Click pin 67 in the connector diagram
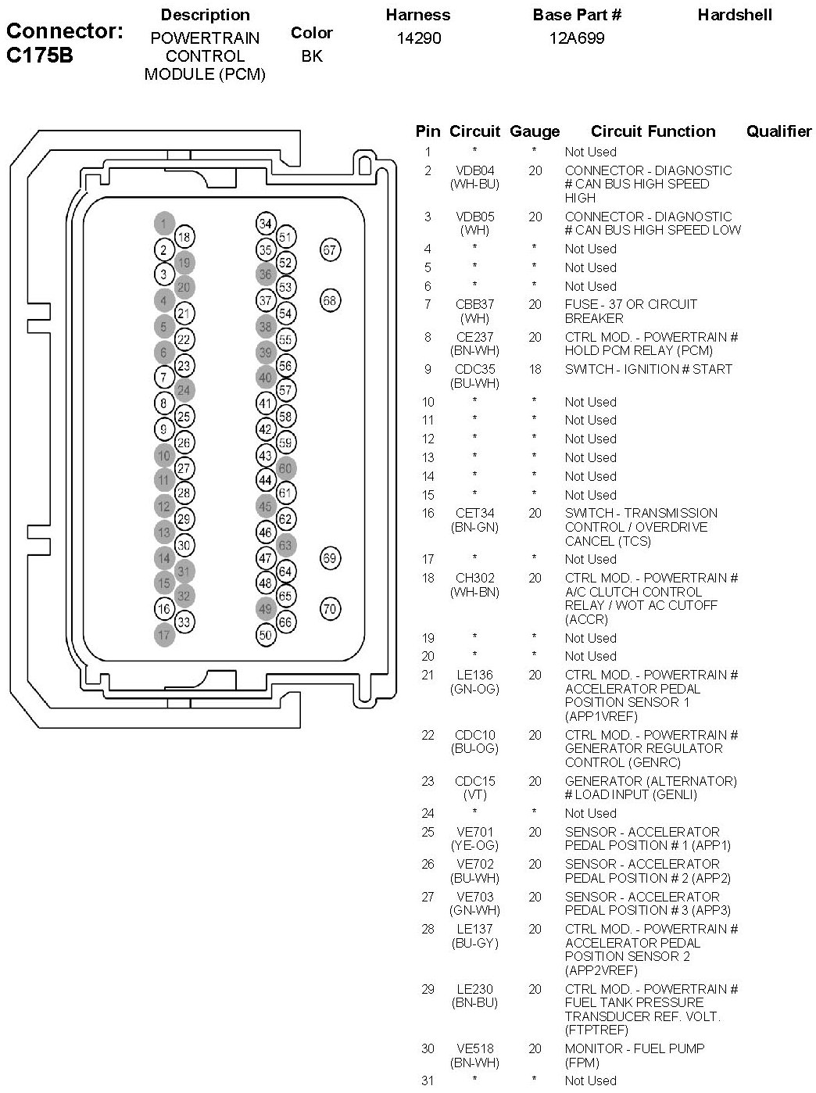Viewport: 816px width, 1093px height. [330, 250]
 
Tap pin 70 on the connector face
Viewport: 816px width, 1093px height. [330, 609]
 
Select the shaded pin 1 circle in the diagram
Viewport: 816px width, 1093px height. [163, 224]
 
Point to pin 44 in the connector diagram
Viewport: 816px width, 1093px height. [266, 480]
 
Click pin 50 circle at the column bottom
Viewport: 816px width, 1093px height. [266, 635]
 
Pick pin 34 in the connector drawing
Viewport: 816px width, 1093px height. [266, 224]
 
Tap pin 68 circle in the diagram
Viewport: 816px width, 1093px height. [330, 300]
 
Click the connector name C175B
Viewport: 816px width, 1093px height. [40, 56]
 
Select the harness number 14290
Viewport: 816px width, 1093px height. [418, 38]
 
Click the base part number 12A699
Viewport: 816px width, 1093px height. [577, 38]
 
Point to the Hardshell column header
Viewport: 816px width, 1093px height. [734, 15]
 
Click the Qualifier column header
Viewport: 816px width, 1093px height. [778, 131]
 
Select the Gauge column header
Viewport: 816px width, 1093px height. [535, 131]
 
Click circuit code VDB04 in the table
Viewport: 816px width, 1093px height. [474, 170]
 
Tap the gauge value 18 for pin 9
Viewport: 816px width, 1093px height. [535, 369]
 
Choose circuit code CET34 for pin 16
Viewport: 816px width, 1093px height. [474, 513]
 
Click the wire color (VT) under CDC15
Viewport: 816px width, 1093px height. [474, 795]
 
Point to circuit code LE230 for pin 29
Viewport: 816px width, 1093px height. [474, 989]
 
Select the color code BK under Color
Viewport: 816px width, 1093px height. [311, 56]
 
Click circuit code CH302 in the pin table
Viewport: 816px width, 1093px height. [474, 578]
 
